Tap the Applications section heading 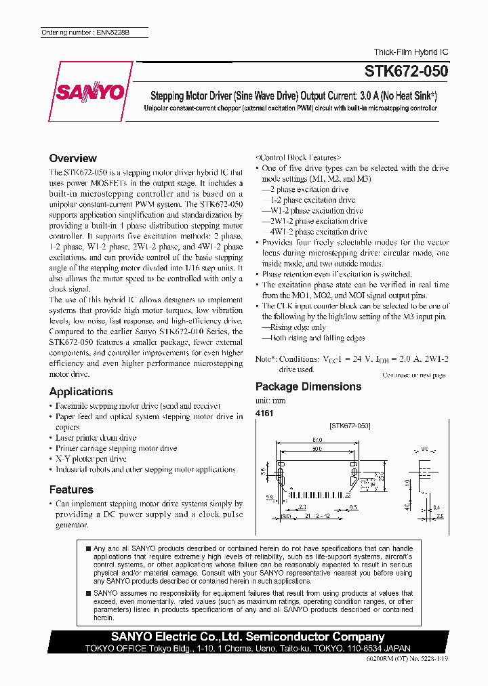81,392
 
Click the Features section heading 71,489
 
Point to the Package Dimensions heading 308,386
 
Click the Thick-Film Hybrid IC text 411,52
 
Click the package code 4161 264,413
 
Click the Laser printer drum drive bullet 96,438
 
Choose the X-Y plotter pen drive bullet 90,459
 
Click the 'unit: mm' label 270,401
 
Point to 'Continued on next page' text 413,375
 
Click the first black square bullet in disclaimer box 89,548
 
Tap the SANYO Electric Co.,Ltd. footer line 247,637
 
